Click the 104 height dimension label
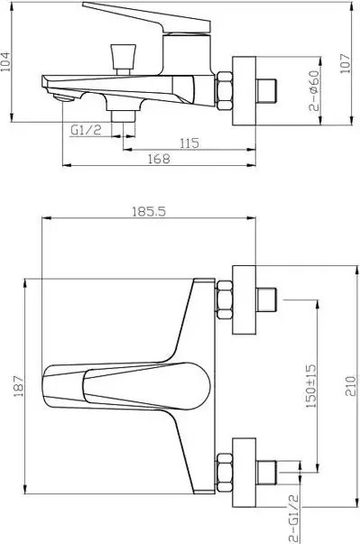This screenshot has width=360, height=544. (x=6, y=61)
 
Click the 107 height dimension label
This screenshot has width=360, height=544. (x=345, y=63)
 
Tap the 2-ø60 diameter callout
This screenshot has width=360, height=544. (x=313, y=90)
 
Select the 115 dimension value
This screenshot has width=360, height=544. (x=189, y=143)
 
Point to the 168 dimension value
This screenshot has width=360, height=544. (x=159, y=159)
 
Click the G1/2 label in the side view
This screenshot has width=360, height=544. (x=86, y=130)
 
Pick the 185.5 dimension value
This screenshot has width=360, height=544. (x=149, y=211)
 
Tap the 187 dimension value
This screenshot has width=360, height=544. (x=19, y=386)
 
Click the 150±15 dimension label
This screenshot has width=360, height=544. (x=311, y=386)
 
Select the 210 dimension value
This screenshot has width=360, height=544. (x=351, y=386)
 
